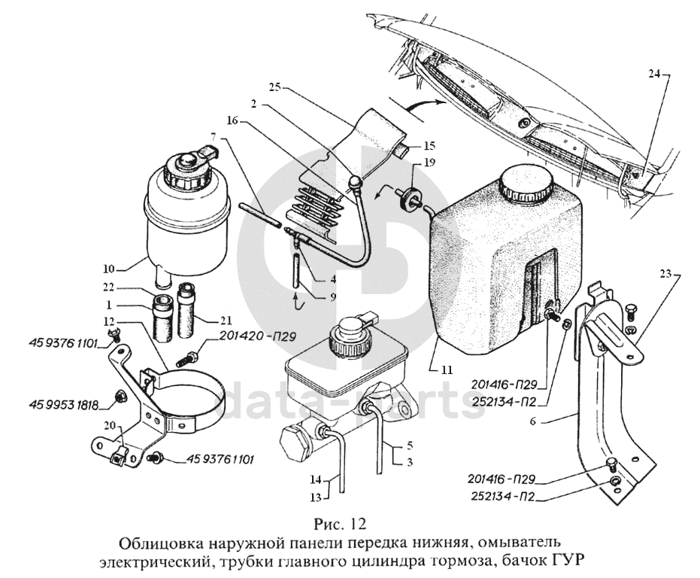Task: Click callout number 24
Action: pos(654,74)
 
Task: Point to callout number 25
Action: pos(275,87)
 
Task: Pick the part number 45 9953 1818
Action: pos(66,405)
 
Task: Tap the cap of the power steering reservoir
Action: pos(184,166)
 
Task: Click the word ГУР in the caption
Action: pos(568,561)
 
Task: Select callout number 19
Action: pos(429,163)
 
